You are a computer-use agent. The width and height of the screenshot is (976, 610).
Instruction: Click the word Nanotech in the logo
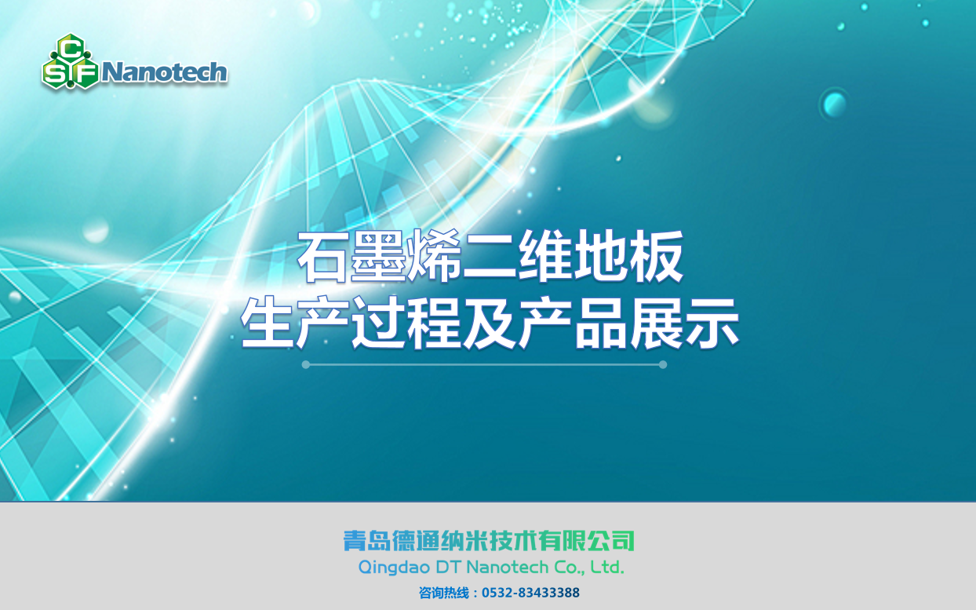click(164, 72)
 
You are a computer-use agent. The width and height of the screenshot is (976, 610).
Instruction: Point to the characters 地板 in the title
click(628, 257)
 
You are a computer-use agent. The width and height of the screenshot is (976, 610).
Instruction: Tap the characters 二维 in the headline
click(517, 257)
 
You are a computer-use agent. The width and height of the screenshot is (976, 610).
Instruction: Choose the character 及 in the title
click(490, 323)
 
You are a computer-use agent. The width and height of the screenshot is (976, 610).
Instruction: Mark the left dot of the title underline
click(306, 364)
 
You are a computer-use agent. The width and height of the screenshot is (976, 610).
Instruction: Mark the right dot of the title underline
click(663, 364)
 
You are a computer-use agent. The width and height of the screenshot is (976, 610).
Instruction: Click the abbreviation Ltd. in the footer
click(607, 567)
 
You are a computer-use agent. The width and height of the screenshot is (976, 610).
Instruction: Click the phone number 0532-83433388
click(530, 593)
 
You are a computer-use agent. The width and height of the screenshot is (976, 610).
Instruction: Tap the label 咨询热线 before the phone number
click(444, 593)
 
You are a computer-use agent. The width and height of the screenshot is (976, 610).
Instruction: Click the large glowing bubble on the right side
click(835, 104)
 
